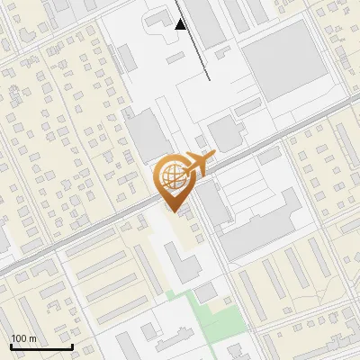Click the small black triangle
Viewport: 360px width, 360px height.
(181, 24)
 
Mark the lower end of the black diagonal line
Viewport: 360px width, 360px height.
(210, 79)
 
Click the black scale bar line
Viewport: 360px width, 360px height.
(41, 346)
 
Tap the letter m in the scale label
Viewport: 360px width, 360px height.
(32, 338)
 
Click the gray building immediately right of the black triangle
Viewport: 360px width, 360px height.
(206, 22)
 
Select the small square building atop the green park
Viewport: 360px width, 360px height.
(206, 292)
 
